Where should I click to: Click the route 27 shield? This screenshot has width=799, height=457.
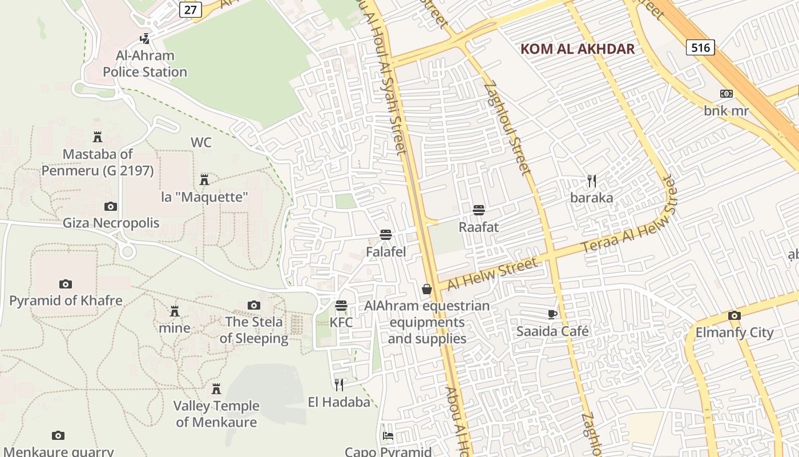tap(192, 9)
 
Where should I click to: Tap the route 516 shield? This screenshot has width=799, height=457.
tap(700, 47)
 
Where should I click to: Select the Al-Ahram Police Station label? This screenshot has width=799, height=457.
tap(145, 63)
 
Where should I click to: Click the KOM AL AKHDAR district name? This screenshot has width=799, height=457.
tap(578, 49)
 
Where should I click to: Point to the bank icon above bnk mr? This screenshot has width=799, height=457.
tap(726, 94)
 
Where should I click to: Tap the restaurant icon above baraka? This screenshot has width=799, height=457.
tap(592, 182)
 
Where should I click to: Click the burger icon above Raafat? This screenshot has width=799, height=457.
tap(479, 210)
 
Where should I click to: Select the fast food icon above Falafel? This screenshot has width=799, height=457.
tap(386, 235)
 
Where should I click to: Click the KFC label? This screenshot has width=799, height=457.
tap(341, 322)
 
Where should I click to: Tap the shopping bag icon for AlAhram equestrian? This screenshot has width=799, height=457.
tap(427, 289)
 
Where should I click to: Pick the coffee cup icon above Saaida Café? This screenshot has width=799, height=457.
tap(552, 314)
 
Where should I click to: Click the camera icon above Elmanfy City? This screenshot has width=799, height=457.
tap(735, 315)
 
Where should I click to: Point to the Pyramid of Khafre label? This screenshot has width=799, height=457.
tap(66, 300)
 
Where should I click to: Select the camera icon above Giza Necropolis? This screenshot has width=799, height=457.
tap(111, 206)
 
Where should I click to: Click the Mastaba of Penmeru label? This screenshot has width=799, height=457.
tap(98, 162)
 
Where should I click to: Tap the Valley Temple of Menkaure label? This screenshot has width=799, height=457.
tap(216, 414)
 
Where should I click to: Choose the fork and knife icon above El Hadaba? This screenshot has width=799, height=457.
tap(340, 384)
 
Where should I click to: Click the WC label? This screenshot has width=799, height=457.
tap(201, 142)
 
